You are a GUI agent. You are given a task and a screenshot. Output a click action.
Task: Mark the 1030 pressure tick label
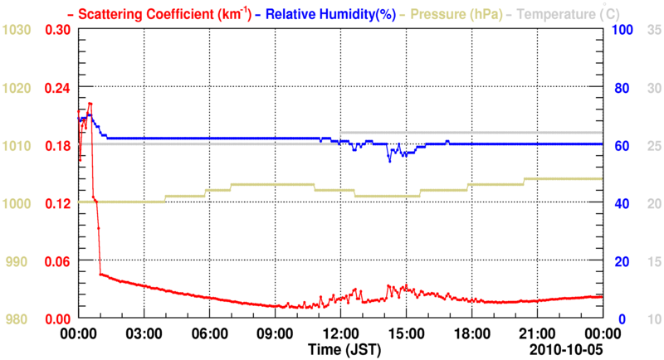pyautogui.click(x=17, y=30)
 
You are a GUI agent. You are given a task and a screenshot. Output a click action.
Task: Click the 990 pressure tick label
pyautogui.click(x=17, y=261)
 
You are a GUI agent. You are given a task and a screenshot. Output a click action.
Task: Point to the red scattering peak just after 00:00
pyautogui.click(x=90, y=104)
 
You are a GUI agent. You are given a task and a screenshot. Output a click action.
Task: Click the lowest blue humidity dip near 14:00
pyautogui.click(x=389, y=160)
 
